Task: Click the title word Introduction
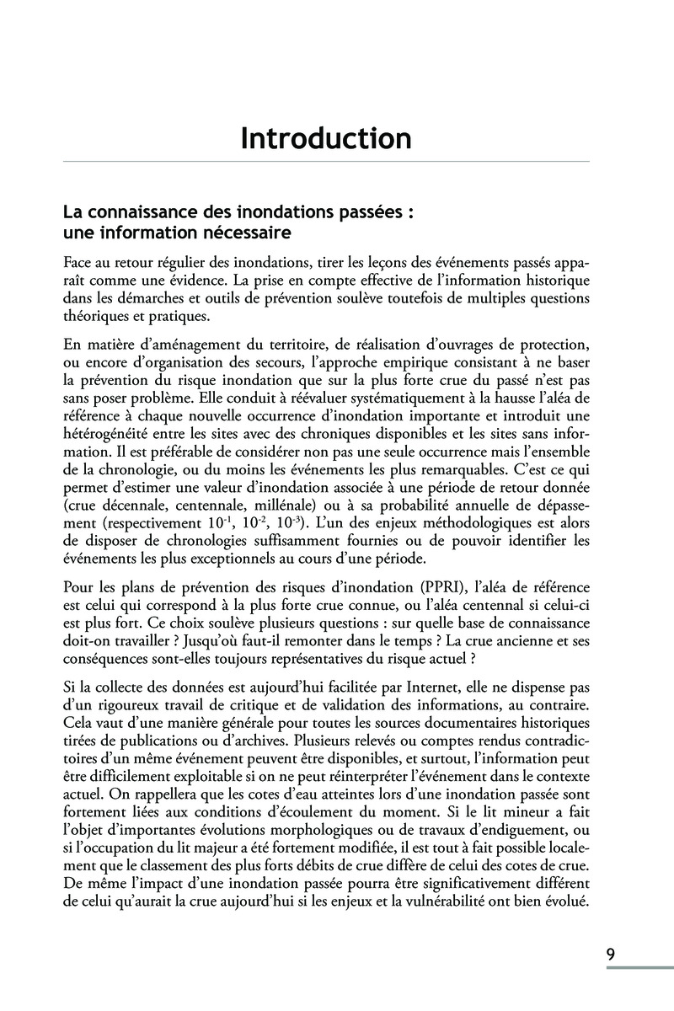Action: (325, 138)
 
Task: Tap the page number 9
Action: (609, 955)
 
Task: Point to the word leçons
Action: (381, 259)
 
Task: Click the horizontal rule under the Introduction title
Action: (325, 161)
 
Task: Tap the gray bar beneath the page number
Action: (640, 968)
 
